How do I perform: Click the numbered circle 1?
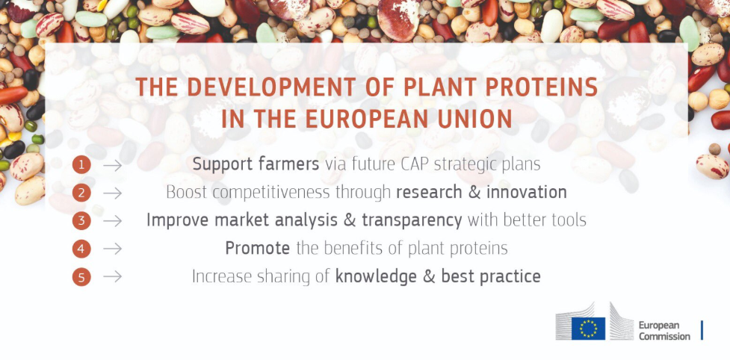tap(81, 165)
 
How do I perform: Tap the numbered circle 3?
tap(81, 221)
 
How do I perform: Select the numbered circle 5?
tap(81, 277)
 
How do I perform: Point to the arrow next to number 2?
tap(112, 193)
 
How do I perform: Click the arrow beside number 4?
tap(112, 249)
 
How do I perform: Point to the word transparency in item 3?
tap(412, 221)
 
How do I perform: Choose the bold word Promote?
tap(258, 249)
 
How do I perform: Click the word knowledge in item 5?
tap(376, 277)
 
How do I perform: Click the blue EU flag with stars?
tap(589, 329)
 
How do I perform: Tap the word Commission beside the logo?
tap(664, 336)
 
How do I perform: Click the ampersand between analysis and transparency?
tap(349, 220)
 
